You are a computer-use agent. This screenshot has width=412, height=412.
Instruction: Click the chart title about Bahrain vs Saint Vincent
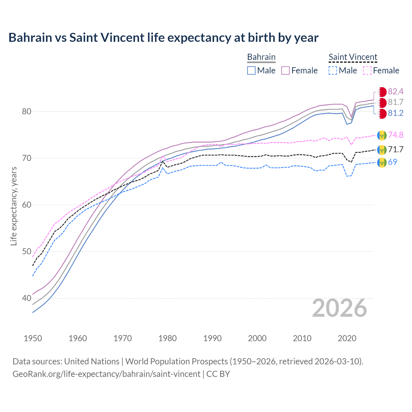pos(163,38)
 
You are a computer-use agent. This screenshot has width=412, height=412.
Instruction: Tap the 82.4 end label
pos(396,92)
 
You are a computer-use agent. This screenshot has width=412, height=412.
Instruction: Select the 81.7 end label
pos(396,102)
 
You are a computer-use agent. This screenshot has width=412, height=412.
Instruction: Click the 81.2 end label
pos(396,113)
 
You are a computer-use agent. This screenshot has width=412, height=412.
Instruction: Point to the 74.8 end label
pos(396,135)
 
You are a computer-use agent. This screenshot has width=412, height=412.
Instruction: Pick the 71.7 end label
pos(396,150)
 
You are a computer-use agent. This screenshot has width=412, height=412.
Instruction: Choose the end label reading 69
pos(392,162)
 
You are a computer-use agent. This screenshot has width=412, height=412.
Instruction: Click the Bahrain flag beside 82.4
pos(382,92)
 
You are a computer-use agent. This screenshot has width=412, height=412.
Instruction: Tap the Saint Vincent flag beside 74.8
pos(382,136)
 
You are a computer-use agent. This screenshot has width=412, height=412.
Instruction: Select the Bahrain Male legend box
pos(251,70)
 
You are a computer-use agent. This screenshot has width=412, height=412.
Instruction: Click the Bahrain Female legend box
pos(286,70)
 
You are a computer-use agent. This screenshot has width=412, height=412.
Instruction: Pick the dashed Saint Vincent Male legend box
pos(333,70)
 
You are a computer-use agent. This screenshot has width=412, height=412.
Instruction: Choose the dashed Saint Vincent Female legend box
pos(367,70)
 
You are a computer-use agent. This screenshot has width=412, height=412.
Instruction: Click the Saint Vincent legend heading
pos(353,57)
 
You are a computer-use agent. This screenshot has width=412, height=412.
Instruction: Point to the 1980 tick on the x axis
pos(167,338)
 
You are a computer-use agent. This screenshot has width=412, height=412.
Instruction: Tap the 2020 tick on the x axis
pos(347,338)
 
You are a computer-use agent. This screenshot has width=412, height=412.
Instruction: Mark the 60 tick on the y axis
pos(26,205)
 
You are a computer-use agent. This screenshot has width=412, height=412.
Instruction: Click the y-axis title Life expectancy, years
pos(14,206)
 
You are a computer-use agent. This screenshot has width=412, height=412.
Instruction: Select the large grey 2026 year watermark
pos(340,308)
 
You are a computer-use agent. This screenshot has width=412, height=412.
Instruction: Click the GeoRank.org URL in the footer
pos(106,374)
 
